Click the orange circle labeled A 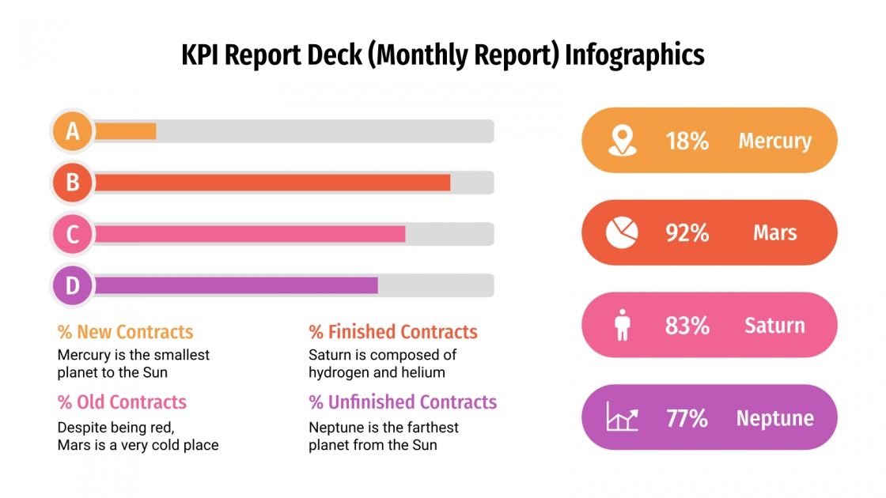(73, 131)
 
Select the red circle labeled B (73, 183)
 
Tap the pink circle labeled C (73, 234)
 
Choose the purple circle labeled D (73, 285)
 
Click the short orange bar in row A (125, 131)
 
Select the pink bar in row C (249, 234)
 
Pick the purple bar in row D (236, 285)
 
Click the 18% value (687, 141)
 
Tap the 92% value (687, 233)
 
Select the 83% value (687, 325)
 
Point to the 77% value (687, 417)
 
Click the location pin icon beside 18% (622, 141)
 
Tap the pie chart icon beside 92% (622, 232)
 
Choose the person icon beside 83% (622, 326)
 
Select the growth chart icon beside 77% (622, 417)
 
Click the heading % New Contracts (125, 332)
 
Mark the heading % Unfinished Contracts (403, 402)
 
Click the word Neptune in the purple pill (774, 417)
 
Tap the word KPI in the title (200, 55)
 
